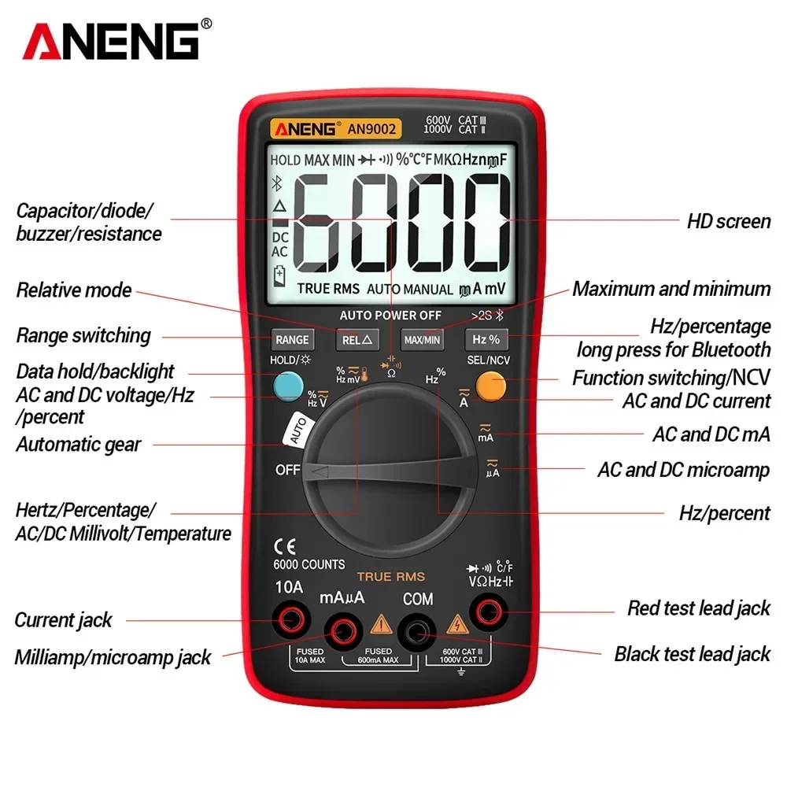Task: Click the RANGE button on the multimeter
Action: point(292,340)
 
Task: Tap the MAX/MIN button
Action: point(422,340)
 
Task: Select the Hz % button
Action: point(486,340)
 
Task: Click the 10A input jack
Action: point(289,621)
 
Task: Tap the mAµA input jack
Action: point(342,629)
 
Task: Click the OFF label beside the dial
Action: point(288,470)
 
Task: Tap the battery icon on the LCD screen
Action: point(279,277)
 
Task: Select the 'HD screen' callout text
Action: point(728,221)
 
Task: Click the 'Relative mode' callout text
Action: point(74,290)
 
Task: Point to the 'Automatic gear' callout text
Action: point(78,445)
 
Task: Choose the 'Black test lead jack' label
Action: point(692,654)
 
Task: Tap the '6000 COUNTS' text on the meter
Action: point(309,564)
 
